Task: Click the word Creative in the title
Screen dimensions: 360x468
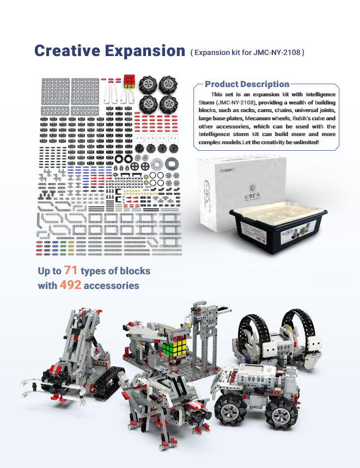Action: tap(67, 51)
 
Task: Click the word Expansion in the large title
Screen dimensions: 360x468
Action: tap(145, 51)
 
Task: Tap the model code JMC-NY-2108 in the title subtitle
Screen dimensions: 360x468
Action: tap(277, 53)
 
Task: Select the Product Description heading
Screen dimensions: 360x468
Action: tap(247, 84)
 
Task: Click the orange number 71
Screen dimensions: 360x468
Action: tap(71, 270)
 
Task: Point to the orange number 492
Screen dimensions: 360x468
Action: tap(70, 285)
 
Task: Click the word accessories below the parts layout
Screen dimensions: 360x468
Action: tap(112, 286)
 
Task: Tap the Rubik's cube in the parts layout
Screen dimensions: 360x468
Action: tap(130, 82)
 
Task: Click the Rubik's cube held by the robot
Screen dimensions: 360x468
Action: tap(174, 348)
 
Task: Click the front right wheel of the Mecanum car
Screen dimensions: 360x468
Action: tap(282, 415)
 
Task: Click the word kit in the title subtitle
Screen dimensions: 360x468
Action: tap(236, 53)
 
